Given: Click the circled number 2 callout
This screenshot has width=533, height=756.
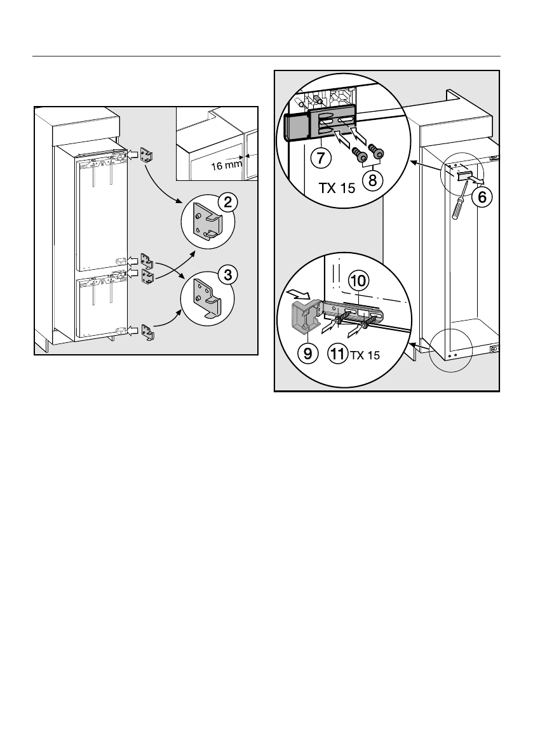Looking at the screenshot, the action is [x=226, y=203].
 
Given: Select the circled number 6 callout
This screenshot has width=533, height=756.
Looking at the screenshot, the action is [x=482, y=197].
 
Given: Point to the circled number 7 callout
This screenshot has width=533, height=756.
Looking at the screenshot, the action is [x=320, y=155].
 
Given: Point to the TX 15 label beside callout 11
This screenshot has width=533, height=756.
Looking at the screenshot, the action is [x=364, y=355].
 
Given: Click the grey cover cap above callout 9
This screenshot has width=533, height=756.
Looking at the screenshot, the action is [x=304, y=315].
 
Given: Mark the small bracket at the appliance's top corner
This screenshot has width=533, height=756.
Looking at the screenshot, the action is [x=147, y=154].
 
